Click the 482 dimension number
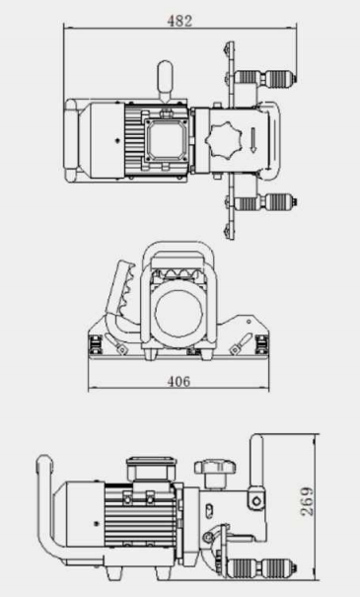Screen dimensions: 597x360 click(180, 19)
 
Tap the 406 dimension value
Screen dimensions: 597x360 click(179, 381)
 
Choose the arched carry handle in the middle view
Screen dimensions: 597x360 click(179, 259)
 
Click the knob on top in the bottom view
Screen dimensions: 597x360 click(211, 465)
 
